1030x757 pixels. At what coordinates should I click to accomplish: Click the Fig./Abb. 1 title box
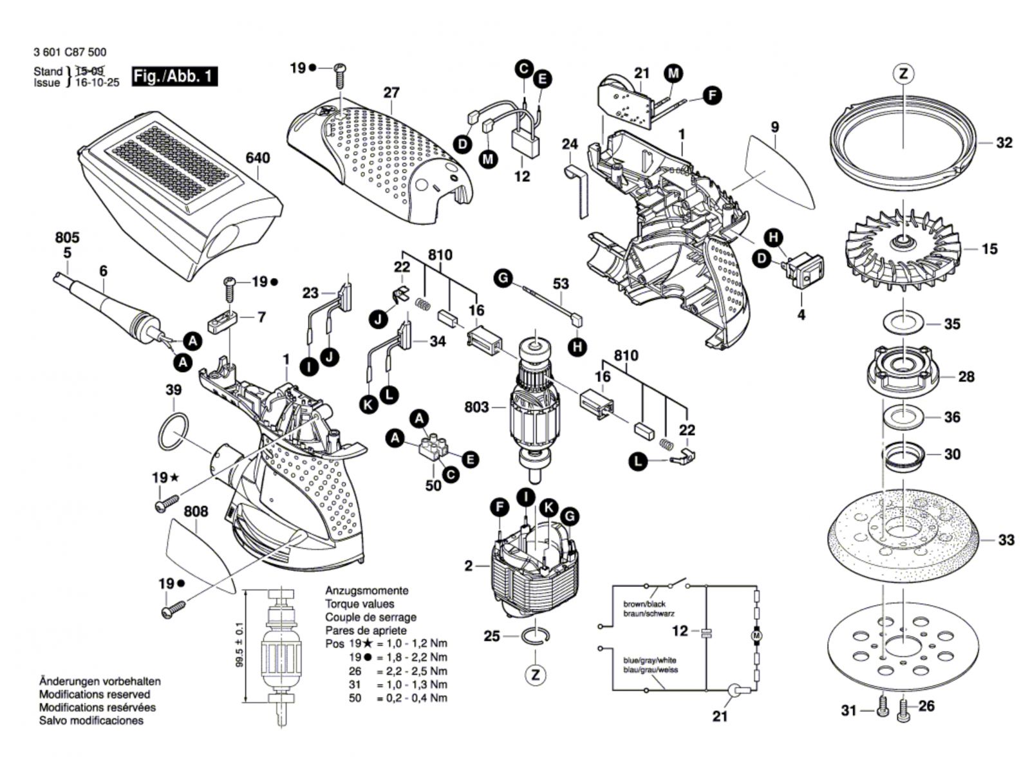(174, 77)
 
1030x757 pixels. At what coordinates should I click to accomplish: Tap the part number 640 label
(257, 158)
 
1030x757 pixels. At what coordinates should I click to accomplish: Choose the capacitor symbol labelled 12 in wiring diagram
(707, 632)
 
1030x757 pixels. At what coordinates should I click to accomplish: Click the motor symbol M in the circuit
(756, 636)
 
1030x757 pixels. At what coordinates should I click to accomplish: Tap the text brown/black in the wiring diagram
(644, 604)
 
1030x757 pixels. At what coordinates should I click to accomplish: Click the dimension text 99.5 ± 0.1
(239, 646)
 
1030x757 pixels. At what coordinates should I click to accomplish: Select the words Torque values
(360, 604)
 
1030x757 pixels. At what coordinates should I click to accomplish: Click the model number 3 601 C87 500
(70, 52)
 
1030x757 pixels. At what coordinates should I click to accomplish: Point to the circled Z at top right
(903, 74)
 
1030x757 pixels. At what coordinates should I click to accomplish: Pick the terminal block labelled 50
(436, 449)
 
